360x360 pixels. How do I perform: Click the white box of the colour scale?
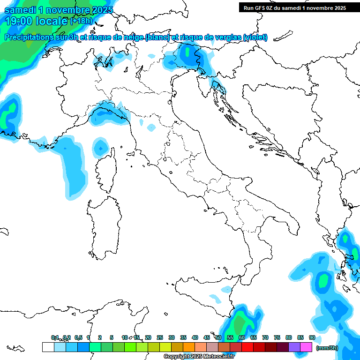point(48,347)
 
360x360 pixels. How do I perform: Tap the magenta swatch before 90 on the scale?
point(306,347)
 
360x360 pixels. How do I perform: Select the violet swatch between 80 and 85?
point(294,347)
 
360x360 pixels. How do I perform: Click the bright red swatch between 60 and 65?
point(247,347)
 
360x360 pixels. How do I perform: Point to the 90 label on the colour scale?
point(312,337)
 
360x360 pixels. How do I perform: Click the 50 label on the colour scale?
point(218,337)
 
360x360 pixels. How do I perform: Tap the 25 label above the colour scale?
point(160,337)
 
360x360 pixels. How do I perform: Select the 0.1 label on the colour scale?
point(55,337)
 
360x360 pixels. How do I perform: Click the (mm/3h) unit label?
point(327,348)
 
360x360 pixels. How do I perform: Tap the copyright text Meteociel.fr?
point(199,357)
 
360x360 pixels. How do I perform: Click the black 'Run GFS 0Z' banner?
point(294,7)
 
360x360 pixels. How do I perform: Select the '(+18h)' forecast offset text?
point(82,21)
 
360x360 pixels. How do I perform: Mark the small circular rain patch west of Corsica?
point(100,148)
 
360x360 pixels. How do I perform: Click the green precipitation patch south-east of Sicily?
point(241,323)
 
